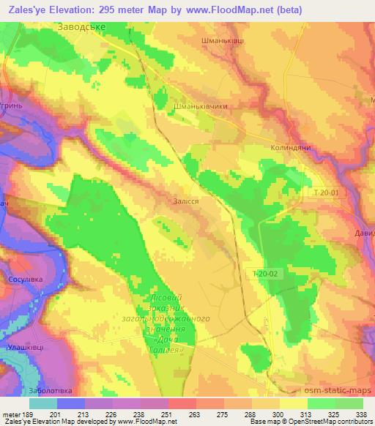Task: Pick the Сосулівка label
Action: tap(24, 279)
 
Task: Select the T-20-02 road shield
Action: tap(262, 274)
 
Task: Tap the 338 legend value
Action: tap(359, 414)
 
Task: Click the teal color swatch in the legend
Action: tap(43, 403)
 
